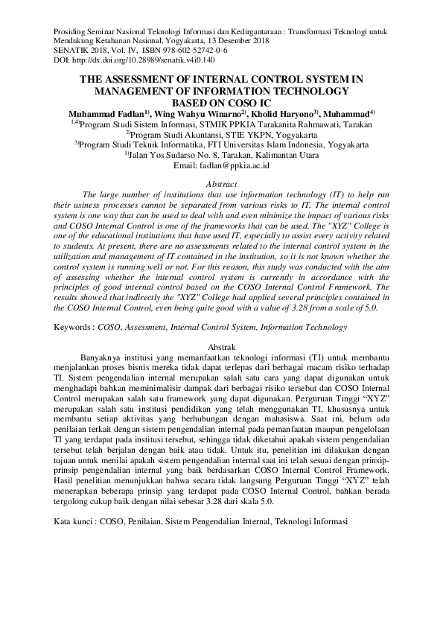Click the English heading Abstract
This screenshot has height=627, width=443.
(221, 183)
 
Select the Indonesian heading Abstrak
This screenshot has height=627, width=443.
(221, 348)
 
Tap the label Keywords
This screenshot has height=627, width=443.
(74, 327)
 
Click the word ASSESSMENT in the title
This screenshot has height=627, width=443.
(149, 78)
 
